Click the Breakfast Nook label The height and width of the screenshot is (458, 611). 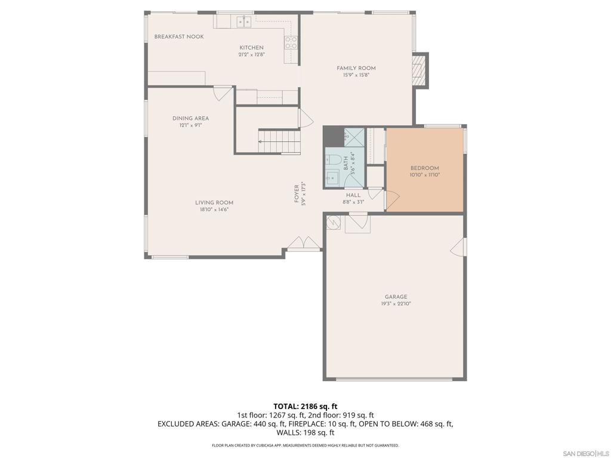[x=179, y=37]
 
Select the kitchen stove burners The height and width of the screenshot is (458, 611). [x=291, y=42]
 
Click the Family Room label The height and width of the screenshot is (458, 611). [x=356, y=68]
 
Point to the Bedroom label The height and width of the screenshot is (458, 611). [x=424, y=168]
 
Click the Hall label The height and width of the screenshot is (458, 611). [x=353, y=195]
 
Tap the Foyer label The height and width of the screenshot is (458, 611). [x=297, y=193]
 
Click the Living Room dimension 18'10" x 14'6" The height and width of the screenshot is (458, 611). [x=214, y=210]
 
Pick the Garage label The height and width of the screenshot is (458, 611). [x=396, y=297]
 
